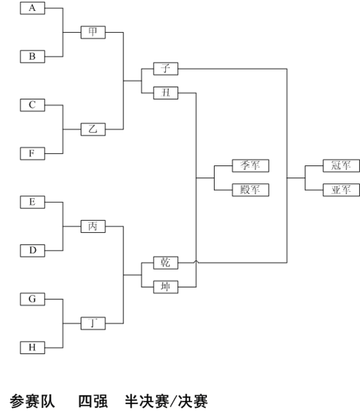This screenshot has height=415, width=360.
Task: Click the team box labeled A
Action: click(x=33, y=8)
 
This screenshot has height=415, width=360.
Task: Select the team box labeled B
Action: click(x=33, y=57)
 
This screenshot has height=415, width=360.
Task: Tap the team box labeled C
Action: click(x=33, y=105)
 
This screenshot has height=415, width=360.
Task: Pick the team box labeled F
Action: click(x=33, y=154)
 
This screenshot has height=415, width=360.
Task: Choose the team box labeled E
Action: click(x=33, y=202)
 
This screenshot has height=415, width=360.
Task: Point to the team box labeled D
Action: click(x=33, y=251)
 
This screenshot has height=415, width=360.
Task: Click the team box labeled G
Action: click(x=33, y=299)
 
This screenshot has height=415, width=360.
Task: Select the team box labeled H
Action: click(x=33, y=347)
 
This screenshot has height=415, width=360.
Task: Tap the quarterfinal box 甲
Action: click(x=93, y=32)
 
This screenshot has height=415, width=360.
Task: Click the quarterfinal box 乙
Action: click(x=93, y=129)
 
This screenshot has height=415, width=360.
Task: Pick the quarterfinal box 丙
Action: click(x=93, y=226)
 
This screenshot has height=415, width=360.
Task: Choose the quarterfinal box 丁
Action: click(x=93, y=324)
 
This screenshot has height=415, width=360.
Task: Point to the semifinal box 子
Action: click(x=166, y=69)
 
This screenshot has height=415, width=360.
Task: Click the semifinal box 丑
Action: click(x=166, y=93)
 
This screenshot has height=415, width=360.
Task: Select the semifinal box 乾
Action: click(x=166, y=263)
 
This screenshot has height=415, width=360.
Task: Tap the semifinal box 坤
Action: click(x=166, y=287)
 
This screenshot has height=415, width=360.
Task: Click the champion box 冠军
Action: click(x=341, y=166)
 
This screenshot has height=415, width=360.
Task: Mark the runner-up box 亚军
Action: click(x=341, y=190)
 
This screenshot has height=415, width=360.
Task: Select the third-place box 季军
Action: click(x=251, y=166)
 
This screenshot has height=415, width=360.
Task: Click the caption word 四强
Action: click(x=93, y=401)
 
